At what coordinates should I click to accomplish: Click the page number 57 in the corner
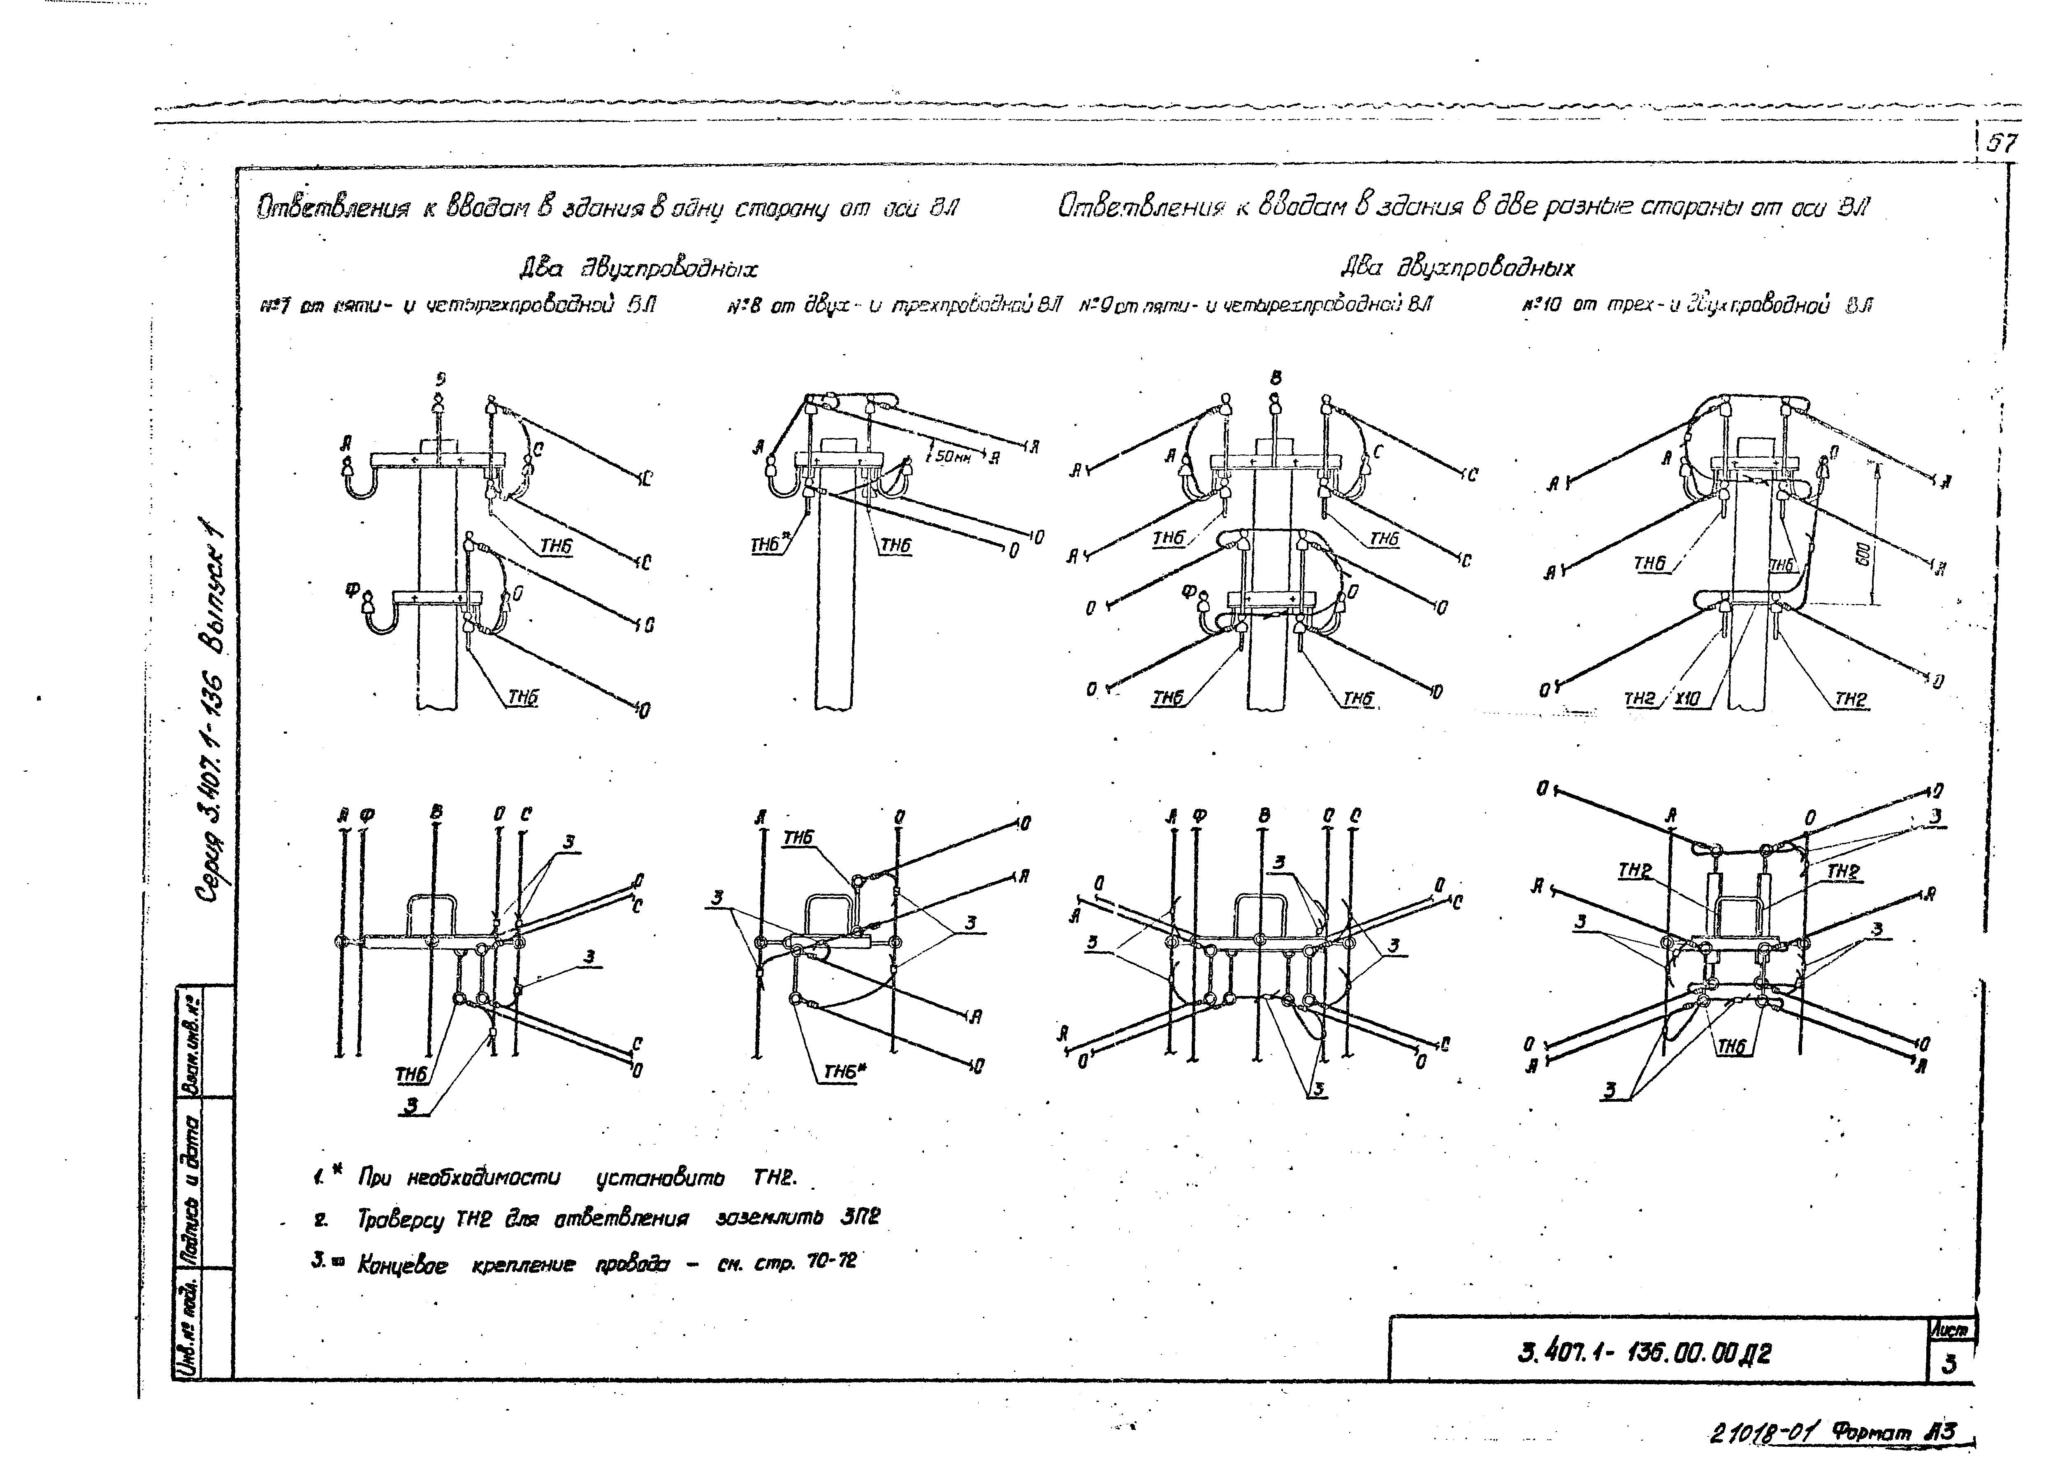2001,144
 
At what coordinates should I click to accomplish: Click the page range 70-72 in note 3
831,1261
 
